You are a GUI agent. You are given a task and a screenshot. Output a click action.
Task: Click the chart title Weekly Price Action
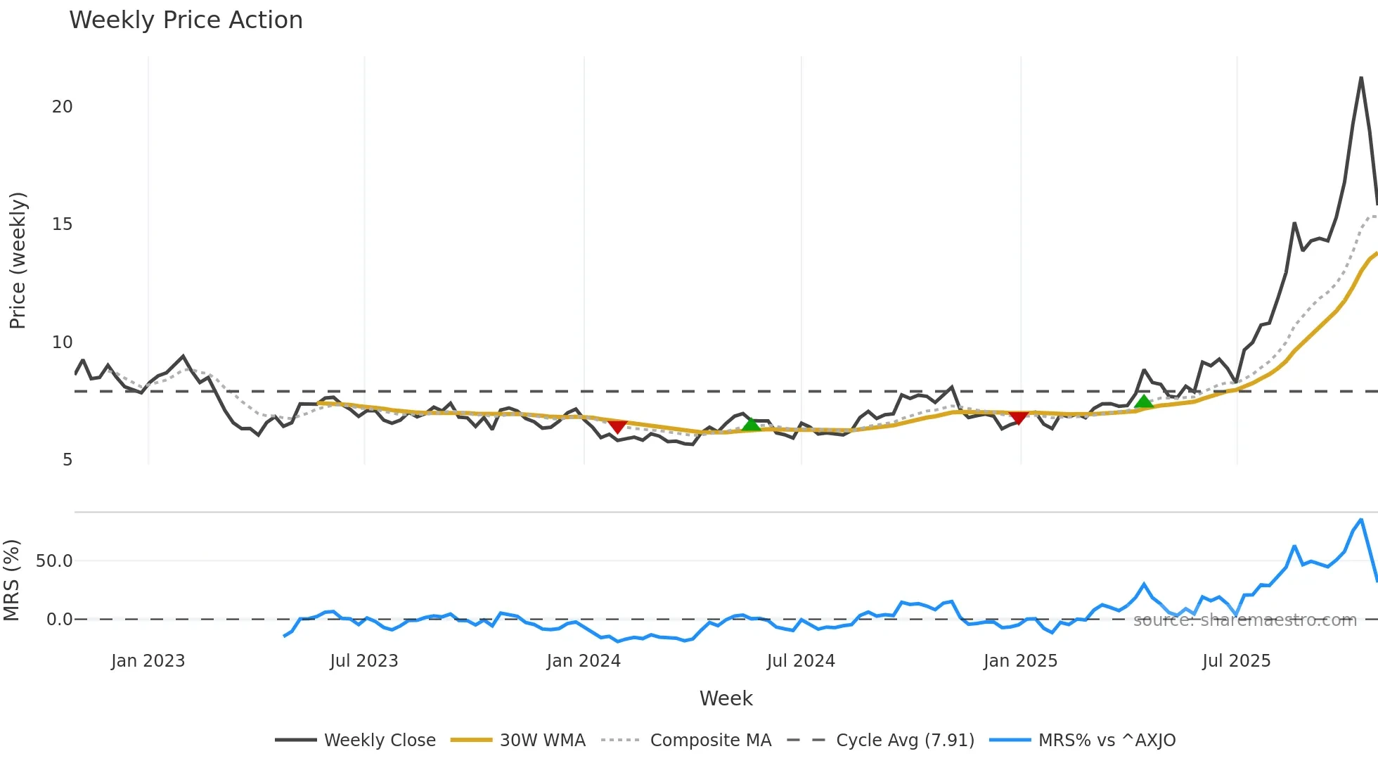186,20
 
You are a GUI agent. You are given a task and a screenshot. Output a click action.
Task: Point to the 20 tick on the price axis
62,107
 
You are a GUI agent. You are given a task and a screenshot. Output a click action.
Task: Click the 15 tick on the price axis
62,224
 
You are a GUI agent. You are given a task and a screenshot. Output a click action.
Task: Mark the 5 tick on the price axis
67,460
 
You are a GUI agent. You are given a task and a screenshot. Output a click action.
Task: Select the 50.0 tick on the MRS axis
54,561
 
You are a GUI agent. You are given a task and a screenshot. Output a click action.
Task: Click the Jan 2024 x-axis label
584,661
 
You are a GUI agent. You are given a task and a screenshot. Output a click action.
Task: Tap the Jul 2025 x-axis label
1236,661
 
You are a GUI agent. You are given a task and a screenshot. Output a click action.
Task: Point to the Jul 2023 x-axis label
364,661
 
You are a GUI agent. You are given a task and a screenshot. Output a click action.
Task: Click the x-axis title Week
726,698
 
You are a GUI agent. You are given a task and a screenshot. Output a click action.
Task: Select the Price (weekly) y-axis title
18,260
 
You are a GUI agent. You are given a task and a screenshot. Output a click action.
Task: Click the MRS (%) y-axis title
11,580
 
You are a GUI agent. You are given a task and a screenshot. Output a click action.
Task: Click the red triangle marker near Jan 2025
1018,418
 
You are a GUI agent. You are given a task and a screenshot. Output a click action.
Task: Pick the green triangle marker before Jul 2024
751,424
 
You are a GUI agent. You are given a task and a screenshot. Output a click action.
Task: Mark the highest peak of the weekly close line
1361,78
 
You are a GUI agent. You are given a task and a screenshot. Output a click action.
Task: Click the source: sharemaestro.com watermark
1244,620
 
